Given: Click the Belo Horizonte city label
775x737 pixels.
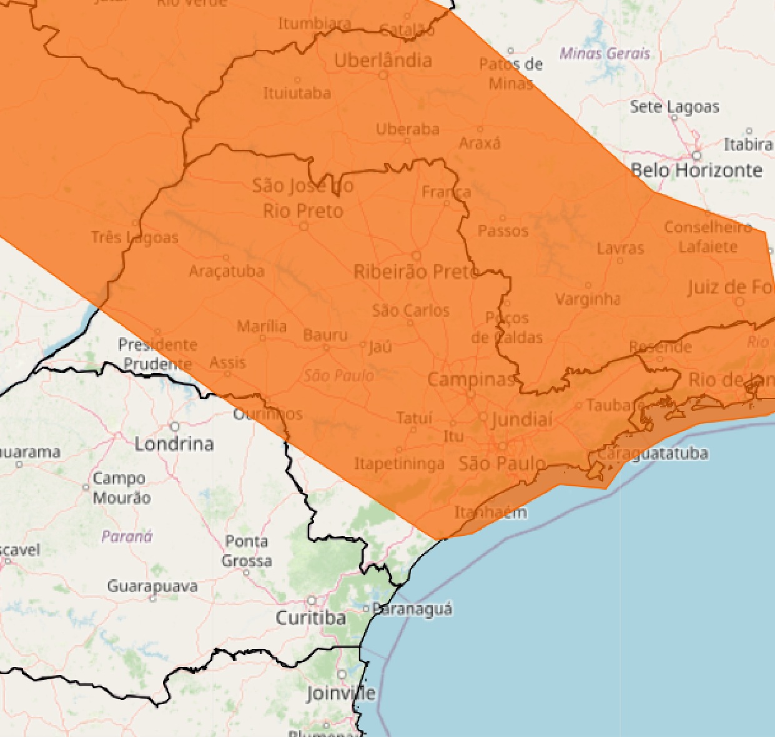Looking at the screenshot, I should [696, 170].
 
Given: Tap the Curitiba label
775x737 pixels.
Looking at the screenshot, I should [310, 618].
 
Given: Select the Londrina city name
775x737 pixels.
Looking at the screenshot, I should [174, 443].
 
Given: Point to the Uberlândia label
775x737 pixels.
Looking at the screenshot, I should [383, 61].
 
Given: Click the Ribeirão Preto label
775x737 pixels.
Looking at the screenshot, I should [415, 272].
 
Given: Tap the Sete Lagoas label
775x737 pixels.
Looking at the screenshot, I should [674, 107].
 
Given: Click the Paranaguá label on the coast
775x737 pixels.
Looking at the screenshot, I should [412, 608].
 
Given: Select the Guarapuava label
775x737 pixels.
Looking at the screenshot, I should [152, 586].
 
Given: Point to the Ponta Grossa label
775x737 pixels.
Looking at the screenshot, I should [247, 550].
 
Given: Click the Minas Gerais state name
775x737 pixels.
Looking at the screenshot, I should [605, 54].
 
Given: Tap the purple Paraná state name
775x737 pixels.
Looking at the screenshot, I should [127, 536].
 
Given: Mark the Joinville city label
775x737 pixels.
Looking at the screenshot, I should [341, 693].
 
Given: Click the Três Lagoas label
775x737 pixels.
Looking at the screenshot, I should [134, 237].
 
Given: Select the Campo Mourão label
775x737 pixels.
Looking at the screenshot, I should [121, 488].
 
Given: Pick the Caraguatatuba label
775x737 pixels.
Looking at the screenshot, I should [653, 453].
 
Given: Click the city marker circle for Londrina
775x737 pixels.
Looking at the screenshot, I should [175, 427].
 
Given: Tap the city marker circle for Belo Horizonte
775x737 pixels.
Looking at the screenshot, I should [696, 156].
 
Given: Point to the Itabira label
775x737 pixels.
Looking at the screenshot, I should [748, 144].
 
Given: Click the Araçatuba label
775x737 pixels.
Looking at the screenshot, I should [226, 271].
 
